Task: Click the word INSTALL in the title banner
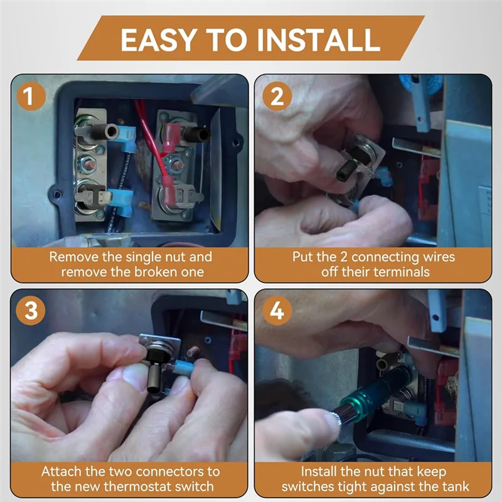click(318, 40)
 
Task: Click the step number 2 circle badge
click(277, 96)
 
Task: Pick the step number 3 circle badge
click(30, 311)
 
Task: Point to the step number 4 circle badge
click(277, 311)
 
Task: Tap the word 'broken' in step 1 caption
click(155, 272)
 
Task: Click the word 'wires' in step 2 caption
click(439, 257)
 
